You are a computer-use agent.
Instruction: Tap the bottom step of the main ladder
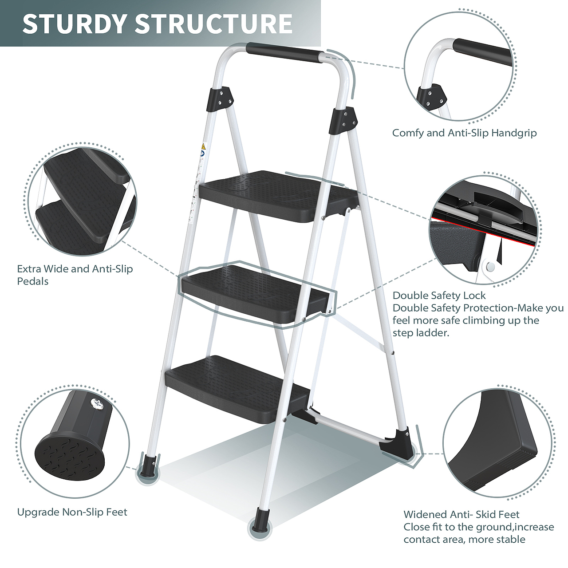[237, 389]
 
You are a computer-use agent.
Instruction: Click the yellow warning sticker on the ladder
[203, 146]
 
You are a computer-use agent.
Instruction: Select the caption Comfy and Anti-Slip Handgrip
[464, 133]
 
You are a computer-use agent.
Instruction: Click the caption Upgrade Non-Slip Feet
[72, 512]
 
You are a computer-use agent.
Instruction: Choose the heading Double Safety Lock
[439, 296]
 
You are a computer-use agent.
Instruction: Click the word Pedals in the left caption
[32, 281]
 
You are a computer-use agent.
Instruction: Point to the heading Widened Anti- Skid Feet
[461, 515]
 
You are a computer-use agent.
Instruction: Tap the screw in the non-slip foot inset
[98, 402]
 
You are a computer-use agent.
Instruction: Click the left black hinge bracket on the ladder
[220, 99]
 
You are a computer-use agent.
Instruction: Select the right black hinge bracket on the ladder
[344, 121]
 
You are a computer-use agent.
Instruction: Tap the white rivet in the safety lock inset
[490, 267]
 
